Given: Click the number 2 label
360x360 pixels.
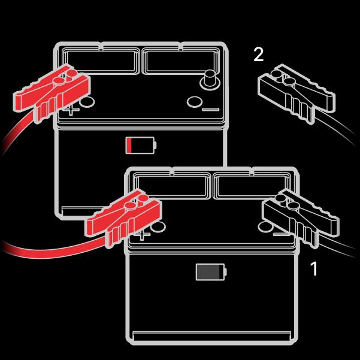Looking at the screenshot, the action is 259,55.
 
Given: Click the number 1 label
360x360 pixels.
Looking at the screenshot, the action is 314,268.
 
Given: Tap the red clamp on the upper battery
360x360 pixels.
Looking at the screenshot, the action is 52,93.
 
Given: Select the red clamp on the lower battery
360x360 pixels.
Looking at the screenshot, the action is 125,218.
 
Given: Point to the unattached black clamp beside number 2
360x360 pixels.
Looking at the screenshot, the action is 297,94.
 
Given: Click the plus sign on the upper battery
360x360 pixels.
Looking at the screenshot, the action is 71,110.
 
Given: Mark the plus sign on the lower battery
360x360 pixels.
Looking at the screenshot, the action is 143,235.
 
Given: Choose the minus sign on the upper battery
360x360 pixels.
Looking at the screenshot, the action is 210,110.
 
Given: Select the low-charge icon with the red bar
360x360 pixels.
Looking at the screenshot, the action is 141,145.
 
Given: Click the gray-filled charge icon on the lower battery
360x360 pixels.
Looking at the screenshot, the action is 211,272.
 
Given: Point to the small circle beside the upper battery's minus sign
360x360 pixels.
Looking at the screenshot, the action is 195,102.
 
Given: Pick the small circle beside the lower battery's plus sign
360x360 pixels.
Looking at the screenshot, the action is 158,227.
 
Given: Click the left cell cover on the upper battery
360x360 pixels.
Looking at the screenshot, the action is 100,61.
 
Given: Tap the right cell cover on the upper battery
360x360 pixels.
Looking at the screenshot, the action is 181,61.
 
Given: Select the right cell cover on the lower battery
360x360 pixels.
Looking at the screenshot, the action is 252,186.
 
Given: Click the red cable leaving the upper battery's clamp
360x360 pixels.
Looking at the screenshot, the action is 17,131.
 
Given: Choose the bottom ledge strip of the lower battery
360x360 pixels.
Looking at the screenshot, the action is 211,335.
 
